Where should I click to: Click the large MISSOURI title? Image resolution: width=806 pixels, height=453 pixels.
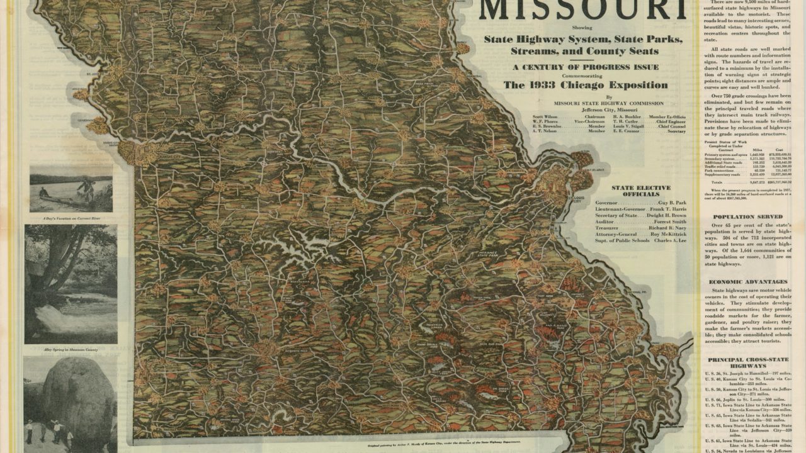click(582, 11)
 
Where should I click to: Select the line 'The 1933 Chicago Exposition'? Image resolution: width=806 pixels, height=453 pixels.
click(586, 85)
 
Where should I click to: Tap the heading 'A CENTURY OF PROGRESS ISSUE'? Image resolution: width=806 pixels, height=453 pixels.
click(586, 67)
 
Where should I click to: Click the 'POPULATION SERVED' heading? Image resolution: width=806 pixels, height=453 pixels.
click(747, 216)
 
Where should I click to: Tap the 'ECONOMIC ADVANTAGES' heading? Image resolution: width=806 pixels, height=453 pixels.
click(747, 282)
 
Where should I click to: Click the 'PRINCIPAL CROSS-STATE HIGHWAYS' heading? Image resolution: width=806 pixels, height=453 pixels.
click(747, 362)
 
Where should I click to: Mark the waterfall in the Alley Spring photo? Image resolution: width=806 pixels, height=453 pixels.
click(60, 318)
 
